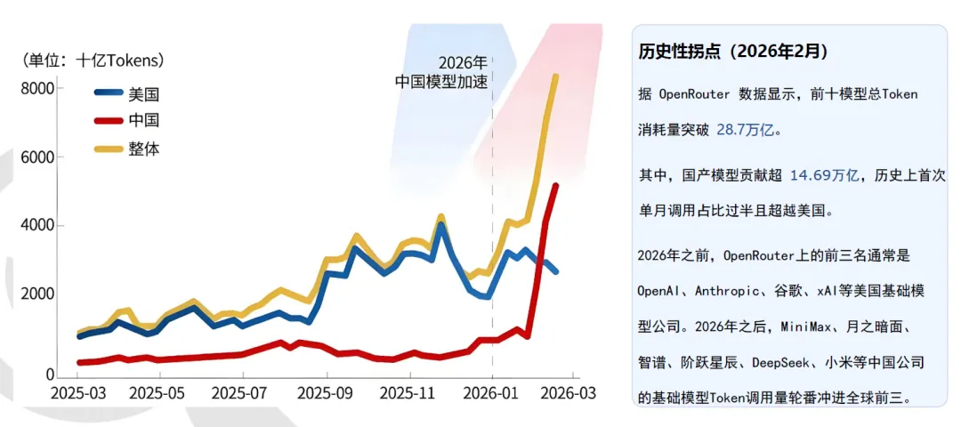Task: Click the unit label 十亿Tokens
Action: (119, 60)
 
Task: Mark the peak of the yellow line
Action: (555, 76)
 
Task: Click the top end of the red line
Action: (555, 185)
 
